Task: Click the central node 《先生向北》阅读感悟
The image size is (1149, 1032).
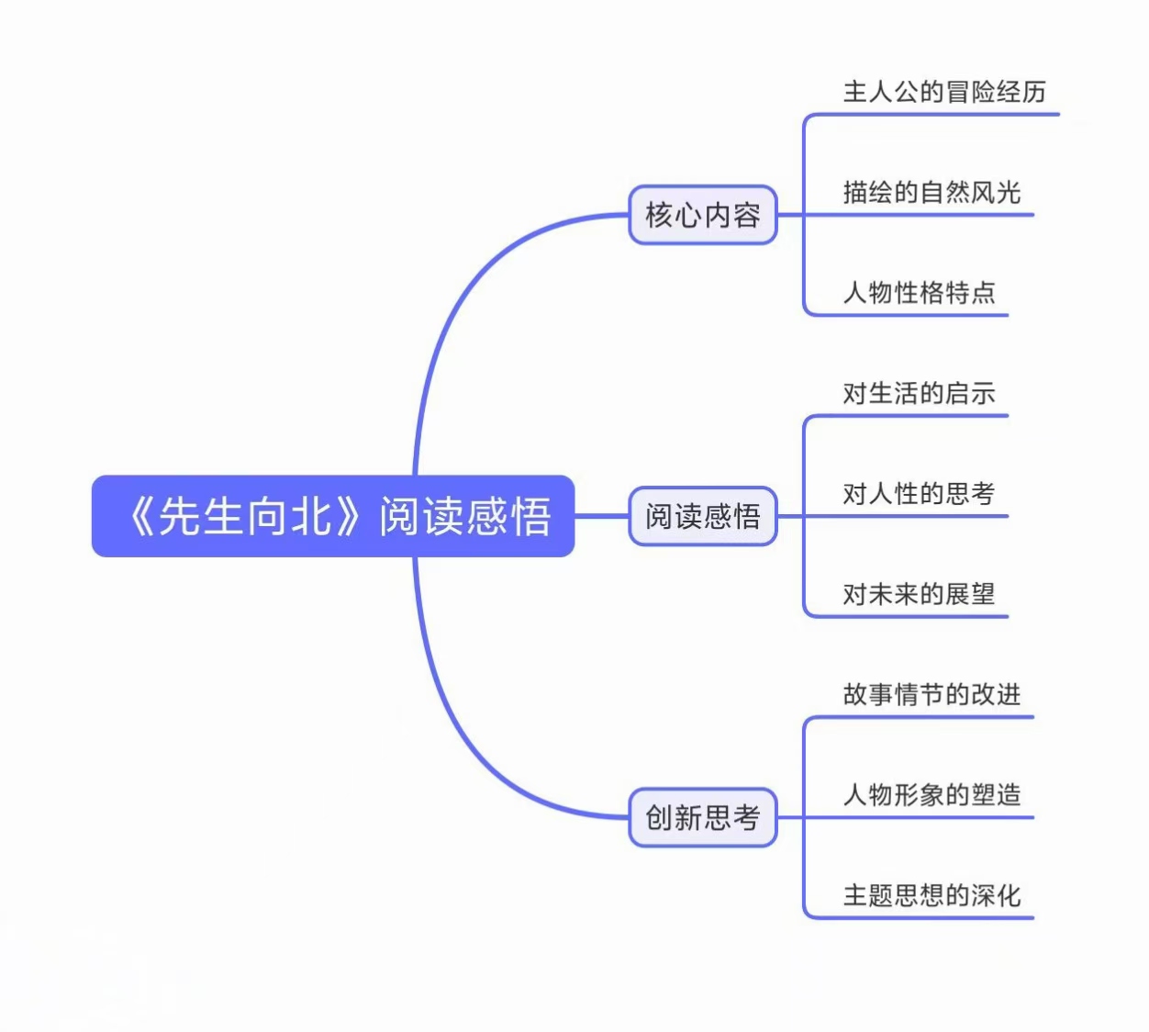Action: [x=332, y=516]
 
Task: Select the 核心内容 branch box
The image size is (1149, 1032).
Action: [x=702, y=215]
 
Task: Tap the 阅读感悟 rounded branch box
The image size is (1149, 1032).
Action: [x=702, y=516]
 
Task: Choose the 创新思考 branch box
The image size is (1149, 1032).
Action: [x=702, y=817]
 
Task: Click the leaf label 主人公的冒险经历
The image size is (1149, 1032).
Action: [x=944, y=92]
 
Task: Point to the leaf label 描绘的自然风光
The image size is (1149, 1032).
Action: [x=931, y=192]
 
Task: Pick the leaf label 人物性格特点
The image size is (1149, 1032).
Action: [x=919, y=293]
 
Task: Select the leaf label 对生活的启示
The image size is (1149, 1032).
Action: [x=919, y=393]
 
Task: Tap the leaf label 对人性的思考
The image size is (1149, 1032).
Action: [x=919, y=493]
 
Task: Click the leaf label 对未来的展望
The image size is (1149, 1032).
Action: [x=919, y=594]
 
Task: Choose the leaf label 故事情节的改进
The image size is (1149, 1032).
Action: [x=931, y=694]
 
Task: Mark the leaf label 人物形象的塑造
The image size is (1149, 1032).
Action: [x=931, y=794]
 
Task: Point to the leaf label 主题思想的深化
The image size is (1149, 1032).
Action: [x=931, y=895]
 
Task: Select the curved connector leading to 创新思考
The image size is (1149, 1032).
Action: [x=459, y=735]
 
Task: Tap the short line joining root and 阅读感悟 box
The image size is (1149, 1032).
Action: [x=601, y=516]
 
